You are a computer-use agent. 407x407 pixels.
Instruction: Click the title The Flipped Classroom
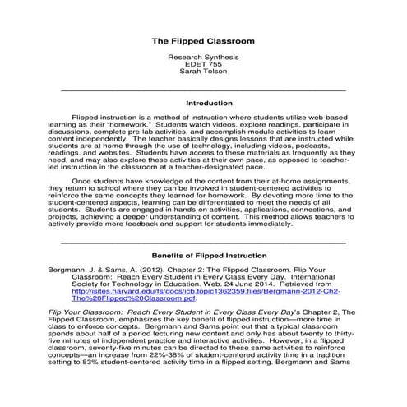click(x=203, y=40)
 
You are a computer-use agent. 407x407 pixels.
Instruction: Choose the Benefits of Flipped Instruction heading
click(x=203, y=256)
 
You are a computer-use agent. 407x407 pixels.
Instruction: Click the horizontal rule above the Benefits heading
click(x=203, y=242)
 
